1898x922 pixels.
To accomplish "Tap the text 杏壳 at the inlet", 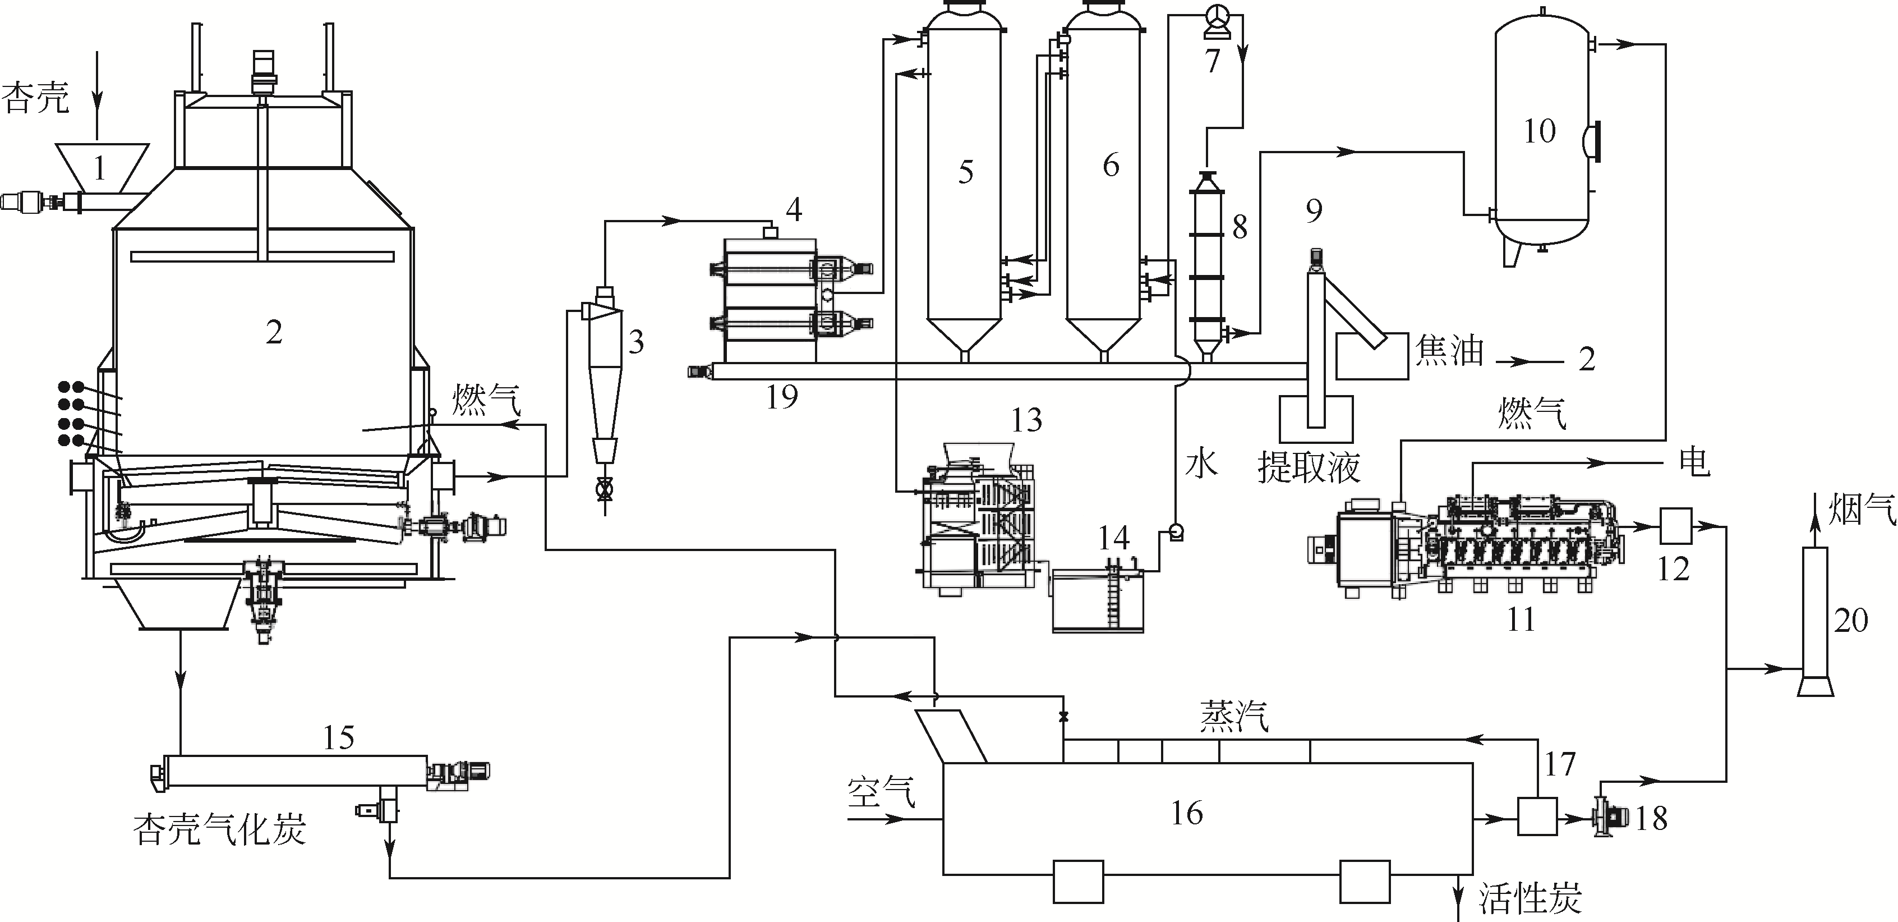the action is pyautogui.click(x=35, y=97).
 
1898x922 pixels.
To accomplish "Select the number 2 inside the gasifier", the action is pyautogui.click(x=274, y=332).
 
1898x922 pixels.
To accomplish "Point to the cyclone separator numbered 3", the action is pyautogui.click(x=603, y=383).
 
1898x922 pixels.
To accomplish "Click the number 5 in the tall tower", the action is pyautogui.click(x=965, y=172).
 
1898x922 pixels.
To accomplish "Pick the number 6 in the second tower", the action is pyautogui.click(x=1111, y=165).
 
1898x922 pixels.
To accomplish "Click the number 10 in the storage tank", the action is pyautogui.click(x=1539, y=131).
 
